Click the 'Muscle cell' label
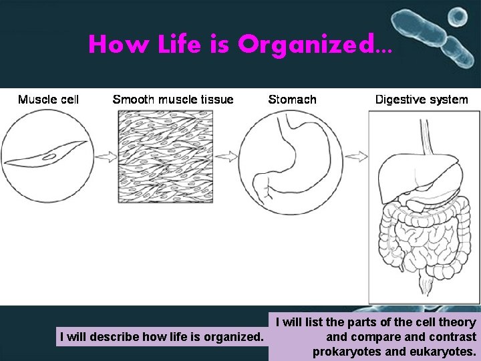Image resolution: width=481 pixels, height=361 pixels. [x=48, y=100]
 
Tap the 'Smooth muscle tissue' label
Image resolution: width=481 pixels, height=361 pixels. [x=173, y=100]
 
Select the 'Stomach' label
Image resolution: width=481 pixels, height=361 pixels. [x=292, y=100]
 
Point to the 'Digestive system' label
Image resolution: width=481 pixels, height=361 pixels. [x=422, y=100]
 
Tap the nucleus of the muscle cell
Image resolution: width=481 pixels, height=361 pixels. [x=49, y=156]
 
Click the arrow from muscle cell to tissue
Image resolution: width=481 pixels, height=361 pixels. [x=105, y=156]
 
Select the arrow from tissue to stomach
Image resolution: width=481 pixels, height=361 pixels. [x=226, y=156]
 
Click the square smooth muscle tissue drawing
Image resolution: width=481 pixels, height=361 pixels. [x=165, y=156]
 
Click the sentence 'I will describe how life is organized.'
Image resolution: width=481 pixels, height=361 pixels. [x=161, y=337]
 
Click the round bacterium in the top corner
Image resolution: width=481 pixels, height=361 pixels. [x=458, y=15]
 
